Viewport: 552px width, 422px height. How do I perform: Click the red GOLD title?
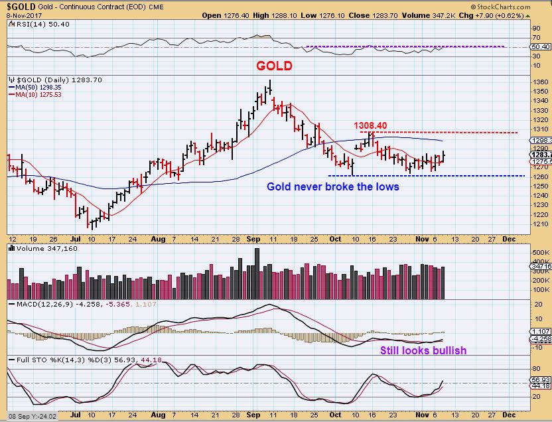pos(274,66)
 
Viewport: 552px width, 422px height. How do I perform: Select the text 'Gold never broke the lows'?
pos(333,186)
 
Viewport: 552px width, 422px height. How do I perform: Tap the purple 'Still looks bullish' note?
pos(423,350)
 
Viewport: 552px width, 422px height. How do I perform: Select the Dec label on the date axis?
pos(508,237)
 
